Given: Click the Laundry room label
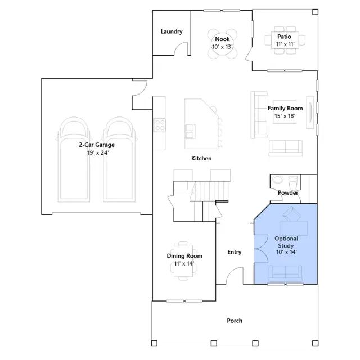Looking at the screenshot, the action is click(x=172, y=31).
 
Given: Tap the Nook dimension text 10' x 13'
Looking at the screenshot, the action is click(x=222, y=47).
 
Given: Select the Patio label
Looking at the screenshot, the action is click(x=284, y=37).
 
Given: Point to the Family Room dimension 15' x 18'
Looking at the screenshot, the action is click(x=285, y=116).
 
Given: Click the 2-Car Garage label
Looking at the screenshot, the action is click(x=97, y=145).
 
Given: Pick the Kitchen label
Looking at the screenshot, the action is click(x=201, y=158).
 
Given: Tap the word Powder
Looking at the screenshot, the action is click(x=288, y=192).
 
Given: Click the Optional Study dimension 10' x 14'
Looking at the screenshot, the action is click(x=286, y=252).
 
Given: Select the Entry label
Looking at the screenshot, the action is click(x=234, y=252).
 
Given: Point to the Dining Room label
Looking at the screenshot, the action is click(x=184, y=256).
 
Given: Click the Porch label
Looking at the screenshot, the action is click(x=235, y=321).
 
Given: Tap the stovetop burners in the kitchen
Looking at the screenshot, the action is click(x=159, y=125).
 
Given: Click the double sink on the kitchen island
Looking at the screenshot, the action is click(x=190, y=131).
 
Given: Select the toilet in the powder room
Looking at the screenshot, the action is click(x=292, y=182).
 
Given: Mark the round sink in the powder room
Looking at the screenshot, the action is click(x=278, y=179).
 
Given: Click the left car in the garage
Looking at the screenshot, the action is click(x=74, y=160).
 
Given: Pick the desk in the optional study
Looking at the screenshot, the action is click(x=294, y=228).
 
